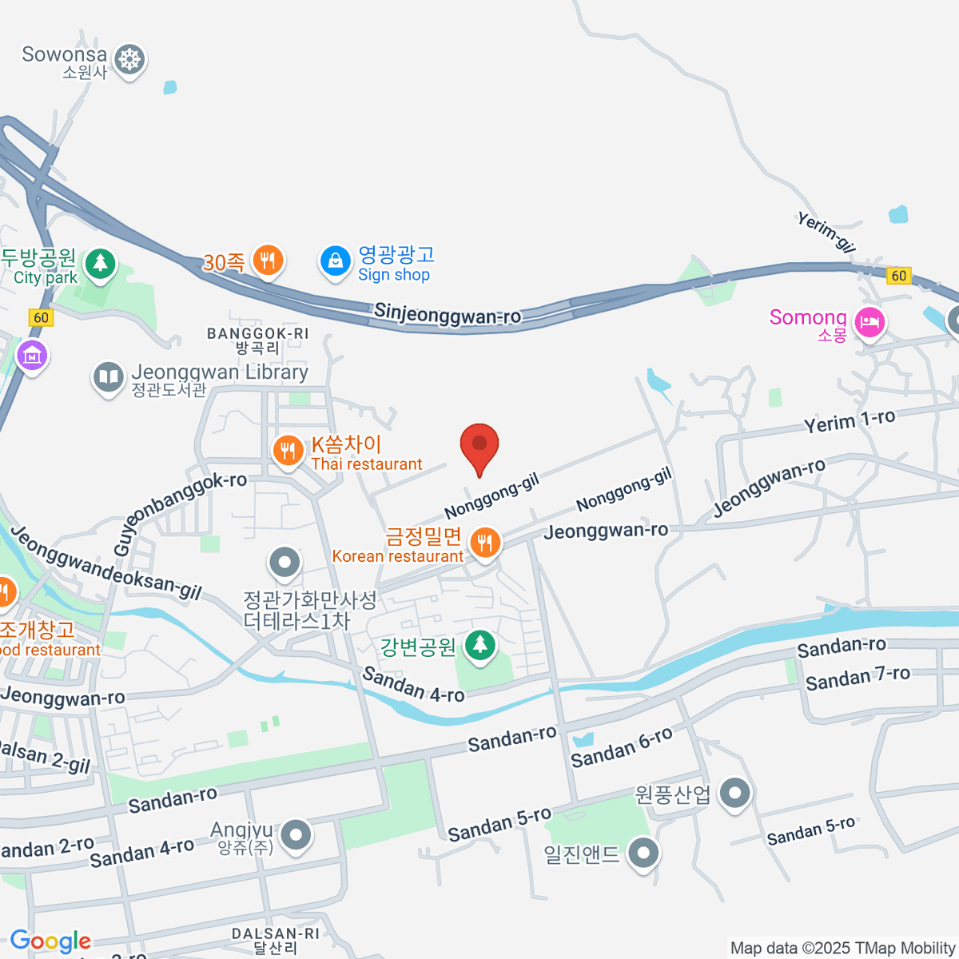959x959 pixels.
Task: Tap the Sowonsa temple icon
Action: pyautogui.click(x=129, y=59)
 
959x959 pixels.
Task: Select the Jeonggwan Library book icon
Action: pyautogui.click(x=108, y=377)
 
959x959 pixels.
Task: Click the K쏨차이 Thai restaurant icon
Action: pyautogui.click(x=287, y=451)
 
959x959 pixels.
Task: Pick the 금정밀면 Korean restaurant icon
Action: pyautogui.click(x=484, y=543)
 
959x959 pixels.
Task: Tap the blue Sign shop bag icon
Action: pyautogui.click(x=336, y=261)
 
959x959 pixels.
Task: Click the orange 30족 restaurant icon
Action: pyautogui.click(x=268, y=260)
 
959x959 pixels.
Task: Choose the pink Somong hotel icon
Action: pyautogui.click(x=869, y=322)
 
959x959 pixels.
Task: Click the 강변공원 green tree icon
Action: pyautogui.click(x=479, y=644)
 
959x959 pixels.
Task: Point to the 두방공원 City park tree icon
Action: pyautogui.click(x=100, y=263)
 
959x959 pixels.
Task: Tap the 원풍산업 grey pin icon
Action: pyautogui.click(x=734, y=793)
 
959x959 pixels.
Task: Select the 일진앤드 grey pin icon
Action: pyautogui.click(x=643, y=853)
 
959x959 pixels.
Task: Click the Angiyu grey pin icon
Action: pyautogui.click(x=296, y=835)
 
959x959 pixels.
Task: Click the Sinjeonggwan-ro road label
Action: pyautogui.click(x=448, y=315)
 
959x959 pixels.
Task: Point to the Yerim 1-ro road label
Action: pyautogui.click(x=849, y=421)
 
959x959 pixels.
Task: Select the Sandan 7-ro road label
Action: pyautogui.click(x=858, y=678)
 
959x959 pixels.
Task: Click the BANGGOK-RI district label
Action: pyautogui.click(x=257, y=333)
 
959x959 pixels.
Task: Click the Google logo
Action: pyautogui.click(x=50, y=941)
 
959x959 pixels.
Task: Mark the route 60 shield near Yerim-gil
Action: pyautogui.click(x=899, y=276)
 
